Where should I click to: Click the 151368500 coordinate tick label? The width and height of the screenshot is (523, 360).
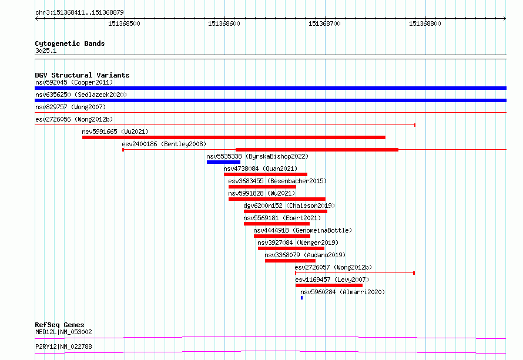click(124, 23)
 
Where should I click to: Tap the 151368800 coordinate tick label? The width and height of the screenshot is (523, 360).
click(425, 23)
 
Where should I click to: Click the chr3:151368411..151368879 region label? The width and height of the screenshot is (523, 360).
click(79, 13)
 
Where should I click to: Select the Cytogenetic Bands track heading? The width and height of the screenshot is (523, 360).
click(70, 43)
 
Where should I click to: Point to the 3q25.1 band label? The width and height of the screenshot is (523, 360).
click(46, 51)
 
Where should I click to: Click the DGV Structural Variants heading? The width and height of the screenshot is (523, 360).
click(82, 75)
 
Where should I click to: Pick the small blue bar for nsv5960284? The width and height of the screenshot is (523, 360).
click(302, 298)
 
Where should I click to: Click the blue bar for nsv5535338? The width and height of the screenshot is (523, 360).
click(223, 162)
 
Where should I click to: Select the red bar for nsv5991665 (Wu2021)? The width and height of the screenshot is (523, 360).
click(234, 137)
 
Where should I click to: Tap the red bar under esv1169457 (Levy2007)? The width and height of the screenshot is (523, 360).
click(329, 285)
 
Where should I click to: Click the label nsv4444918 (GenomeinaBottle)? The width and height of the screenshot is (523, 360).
click(303, 230)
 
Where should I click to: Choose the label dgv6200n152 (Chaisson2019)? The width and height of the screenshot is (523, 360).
click(289, 206)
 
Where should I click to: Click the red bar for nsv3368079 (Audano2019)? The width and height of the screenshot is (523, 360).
click(290, 261)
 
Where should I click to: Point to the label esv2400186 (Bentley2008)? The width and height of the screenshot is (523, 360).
click(164, 144)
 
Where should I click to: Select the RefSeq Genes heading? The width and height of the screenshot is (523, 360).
click(59, 325)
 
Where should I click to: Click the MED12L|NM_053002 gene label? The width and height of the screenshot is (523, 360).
click(63, 332)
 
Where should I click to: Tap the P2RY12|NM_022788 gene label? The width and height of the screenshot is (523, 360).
click(63, 346)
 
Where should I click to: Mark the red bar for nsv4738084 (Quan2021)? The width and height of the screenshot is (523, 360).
click(266, 174)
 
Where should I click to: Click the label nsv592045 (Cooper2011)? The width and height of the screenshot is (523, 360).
click(74, 82)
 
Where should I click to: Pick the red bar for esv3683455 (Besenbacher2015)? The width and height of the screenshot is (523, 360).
click(262, 187)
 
